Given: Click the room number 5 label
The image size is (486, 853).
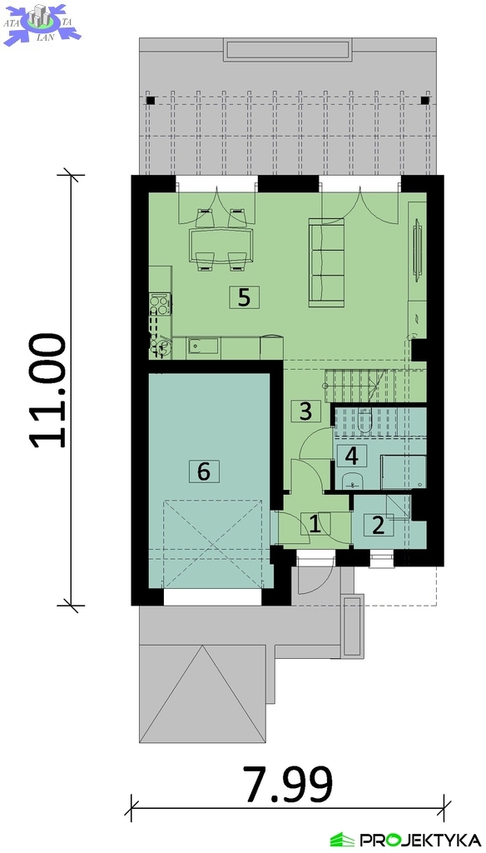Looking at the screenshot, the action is (244, 297).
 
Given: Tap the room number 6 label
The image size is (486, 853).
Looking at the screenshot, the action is (204, 471).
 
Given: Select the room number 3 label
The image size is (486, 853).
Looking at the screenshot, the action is (305, 411).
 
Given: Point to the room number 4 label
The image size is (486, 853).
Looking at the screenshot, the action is (352, 456).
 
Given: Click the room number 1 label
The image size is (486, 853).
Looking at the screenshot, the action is (315, 524).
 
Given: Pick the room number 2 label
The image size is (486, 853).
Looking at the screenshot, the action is (379, 525).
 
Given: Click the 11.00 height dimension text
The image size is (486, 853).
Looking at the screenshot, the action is (49, 391).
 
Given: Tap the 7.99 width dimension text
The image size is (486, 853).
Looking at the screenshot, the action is (288, 785).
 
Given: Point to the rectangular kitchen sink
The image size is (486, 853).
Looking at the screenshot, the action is (203, 346).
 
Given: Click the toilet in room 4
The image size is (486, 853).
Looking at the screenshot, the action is (364, 421).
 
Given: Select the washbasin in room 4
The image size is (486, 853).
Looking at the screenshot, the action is (354, 481).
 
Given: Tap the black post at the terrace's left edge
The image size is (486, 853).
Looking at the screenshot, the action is (151, 101).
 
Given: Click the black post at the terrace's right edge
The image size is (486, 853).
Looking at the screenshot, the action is (425, 101).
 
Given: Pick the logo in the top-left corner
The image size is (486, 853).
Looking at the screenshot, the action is (42, 23).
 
